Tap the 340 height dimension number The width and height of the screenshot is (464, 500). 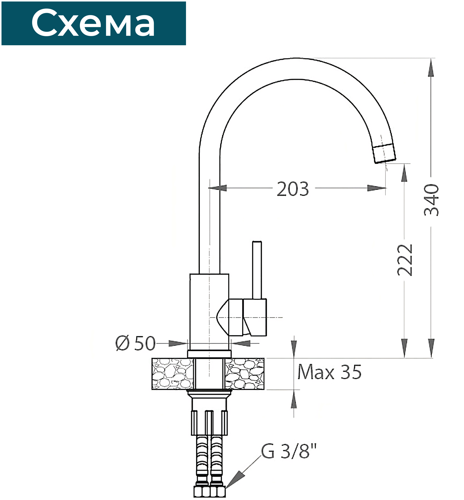[431, 200]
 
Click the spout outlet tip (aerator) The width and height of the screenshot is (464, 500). [384, 154]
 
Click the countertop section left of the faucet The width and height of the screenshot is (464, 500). [172, 374]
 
